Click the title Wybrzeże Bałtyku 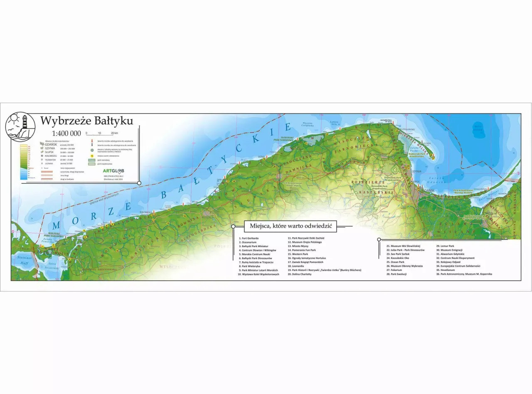point(86,121)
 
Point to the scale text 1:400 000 point(66,134)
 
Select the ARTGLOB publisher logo point(113,171)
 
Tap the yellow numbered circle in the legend point(91,156)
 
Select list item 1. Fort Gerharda point(249,238)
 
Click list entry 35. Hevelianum point(447,270)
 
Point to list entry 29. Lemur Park point(445,246)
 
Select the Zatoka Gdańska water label point(436,180)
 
